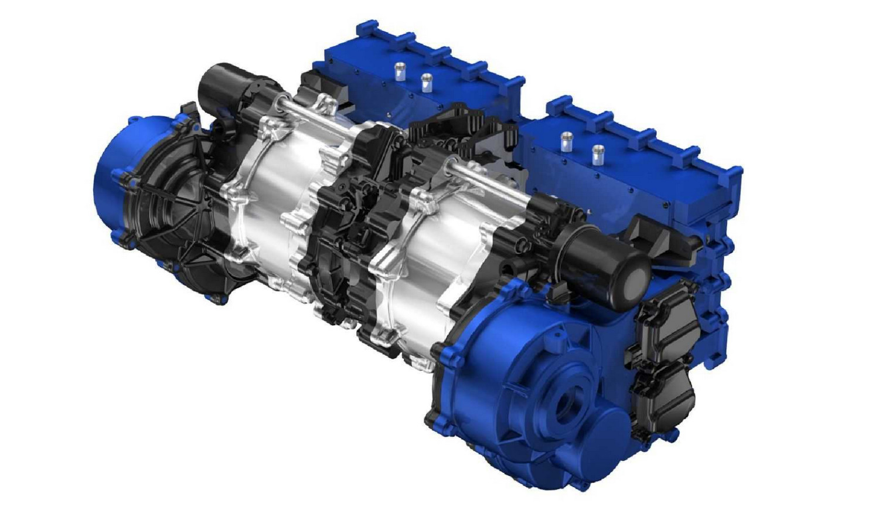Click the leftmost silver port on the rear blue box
pos(400,70)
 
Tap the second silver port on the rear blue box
pos(426,81)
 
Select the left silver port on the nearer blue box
pos(566,141)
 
